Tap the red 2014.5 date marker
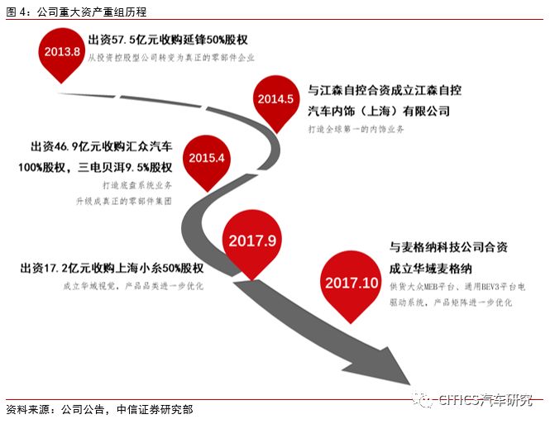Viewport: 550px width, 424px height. [275, 99]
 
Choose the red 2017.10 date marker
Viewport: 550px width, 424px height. [352, 282]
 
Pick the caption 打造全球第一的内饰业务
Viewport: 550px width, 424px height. [356, 130]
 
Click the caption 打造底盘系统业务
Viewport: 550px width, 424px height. [135, 186]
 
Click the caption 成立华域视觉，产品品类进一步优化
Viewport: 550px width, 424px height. [121, 287]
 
